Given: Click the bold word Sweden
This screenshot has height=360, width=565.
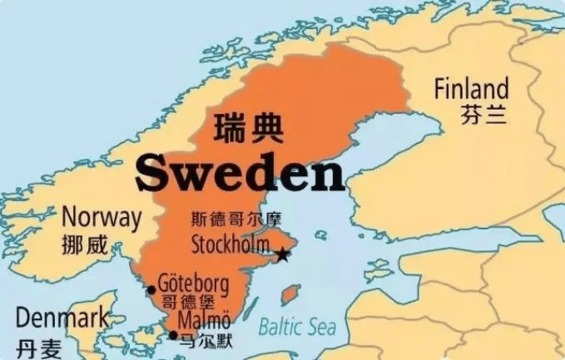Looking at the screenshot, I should pyautogui.click(x=240, y=173).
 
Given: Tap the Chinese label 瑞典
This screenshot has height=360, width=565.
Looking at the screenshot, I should pyautogui.click(x=248, y=129).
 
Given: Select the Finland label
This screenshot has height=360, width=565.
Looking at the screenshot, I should pyautogui.click(x=471, y=88).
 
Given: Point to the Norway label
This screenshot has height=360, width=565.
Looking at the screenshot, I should pyautogui.click(x=102, y=219).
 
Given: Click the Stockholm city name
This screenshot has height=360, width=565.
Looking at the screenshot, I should pyautogui.click(x=230, y=244).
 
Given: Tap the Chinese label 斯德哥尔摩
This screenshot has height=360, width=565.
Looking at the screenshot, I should pyautogui.click(x=236, y=220).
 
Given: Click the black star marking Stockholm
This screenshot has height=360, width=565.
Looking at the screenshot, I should pyautogui.click(x=283, y=254).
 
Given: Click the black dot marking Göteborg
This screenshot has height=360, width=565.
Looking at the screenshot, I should pyautogui.click(x=151, y=290).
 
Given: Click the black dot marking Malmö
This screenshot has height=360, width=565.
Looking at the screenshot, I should pyautogui.click(x=173, y=336).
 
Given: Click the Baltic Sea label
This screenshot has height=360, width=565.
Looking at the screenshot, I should pyautogui.click(x=296, y=327).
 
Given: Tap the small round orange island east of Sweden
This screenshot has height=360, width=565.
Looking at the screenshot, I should pyautogui.click(x=290, y=294).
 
